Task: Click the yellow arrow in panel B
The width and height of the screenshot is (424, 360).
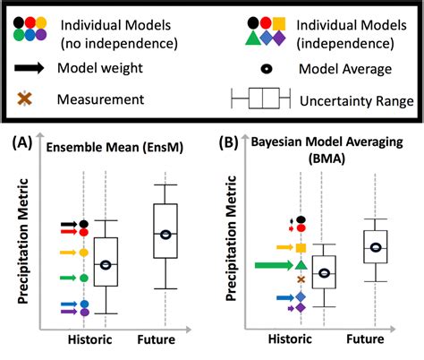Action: pyautogui.click(x=284, y=247)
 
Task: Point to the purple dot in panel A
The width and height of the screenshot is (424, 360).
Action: pyautogui.click(x=83, y=313)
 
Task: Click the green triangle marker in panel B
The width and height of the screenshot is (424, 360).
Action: pyautogui.click(x=301, y=264)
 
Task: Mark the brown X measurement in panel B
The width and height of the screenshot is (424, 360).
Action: pyautogui.click(x=301, y=279)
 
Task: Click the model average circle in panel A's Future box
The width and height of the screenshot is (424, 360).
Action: pyautogui.click(x=165, y=235)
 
